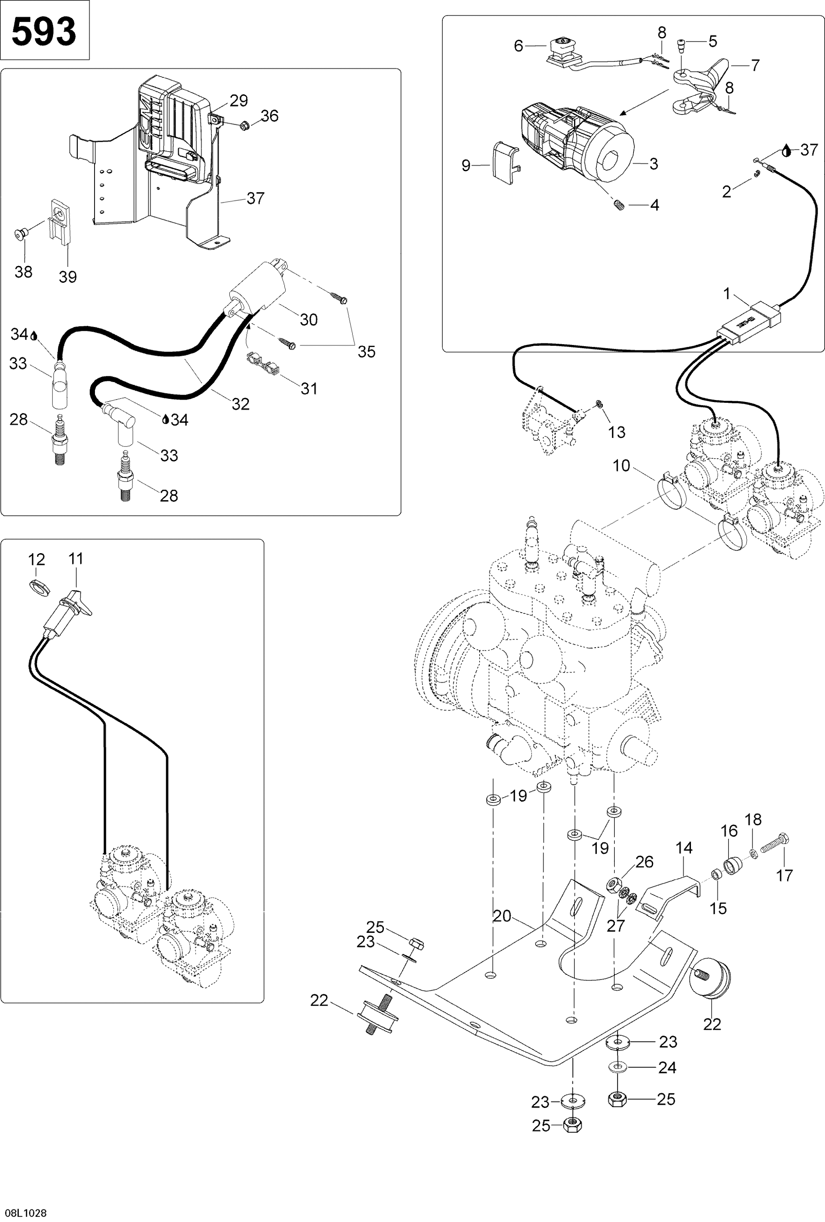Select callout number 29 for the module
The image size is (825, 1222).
coord(239,101)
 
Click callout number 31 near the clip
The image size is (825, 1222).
coord(309,389)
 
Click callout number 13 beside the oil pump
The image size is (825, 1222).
coord(616,432)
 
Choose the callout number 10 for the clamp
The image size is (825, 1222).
coord(621,466)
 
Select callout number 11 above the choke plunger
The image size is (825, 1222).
coord(76,558)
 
